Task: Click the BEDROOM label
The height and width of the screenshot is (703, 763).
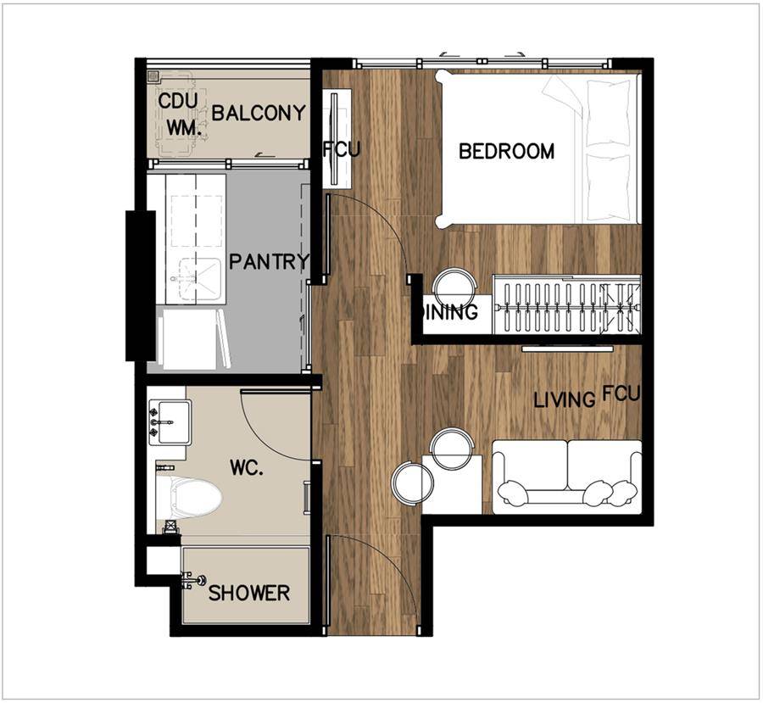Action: (x=507, y=152)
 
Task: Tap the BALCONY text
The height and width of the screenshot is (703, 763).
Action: (x=259, y=113)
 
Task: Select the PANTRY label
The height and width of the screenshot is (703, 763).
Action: (x=269, y=262)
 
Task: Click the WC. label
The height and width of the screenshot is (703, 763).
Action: (x=247, y=468)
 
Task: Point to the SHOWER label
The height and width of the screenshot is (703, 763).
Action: (x=249, y=593)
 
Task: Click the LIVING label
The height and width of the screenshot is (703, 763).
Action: (x=565, y=400)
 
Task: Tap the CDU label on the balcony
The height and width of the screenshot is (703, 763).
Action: (x=178, y=101)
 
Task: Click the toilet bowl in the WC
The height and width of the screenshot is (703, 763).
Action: (x=189, y=497)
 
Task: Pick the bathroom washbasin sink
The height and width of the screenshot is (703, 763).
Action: (x=170, y=422)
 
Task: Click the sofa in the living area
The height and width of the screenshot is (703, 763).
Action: (x=567, y=477)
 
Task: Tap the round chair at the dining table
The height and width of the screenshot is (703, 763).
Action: (x=455, y=288)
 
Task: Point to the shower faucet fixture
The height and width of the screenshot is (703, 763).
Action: (x=193, y=580)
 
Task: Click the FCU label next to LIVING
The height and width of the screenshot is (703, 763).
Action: (x=621, y=393)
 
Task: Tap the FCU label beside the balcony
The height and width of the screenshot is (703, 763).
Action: (x=343, y=149)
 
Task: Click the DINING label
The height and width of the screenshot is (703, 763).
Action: (x=451, y=312)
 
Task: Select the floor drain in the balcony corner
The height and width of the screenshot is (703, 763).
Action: (x=154, y=75)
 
